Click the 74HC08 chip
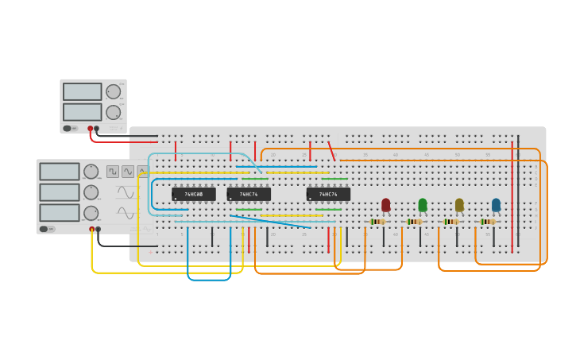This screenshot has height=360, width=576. coord(193,194)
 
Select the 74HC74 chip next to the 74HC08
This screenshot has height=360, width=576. coord(249,194)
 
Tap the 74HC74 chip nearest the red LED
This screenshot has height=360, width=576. coord(328,194)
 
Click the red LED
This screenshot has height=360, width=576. coord(386,205)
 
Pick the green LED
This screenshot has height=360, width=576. coord(423,205)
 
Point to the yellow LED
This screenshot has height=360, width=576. coord(459,205)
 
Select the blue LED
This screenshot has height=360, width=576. coord(496,205)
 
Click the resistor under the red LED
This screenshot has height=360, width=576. coord(378,222)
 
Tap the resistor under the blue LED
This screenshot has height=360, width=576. coord(488,222)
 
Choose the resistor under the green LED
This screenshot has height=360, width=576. coord(415,222)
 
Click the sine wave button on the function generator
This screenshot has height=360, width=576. coord(127,171)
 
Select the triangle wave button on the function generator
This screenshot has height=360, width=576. coord(142,171)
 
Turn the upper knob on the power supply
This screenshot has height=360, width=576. coord(114,91)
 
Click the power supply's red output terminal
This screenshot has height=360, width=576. coord(91,128)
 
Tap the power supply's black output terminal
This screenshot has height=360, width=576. coord(97,128)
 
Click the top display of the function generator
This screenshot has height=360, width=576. coord(60,172)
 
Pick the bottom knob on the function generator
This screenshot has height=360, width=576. coord(91,212)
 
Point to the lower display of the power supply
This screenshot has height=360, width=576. coord(83,111)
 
